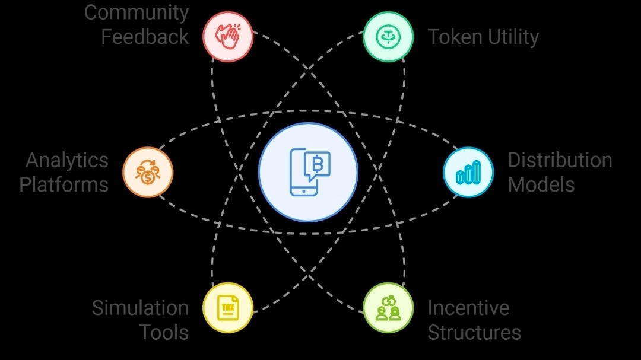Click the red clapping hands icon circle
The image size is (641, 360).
click(228, 37)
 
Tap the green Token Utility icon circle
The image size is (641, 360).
click(388, 37)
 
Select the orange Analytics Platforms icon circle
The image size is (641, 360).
click(148, 172)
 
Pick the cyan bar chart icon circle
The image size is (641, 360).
click(468, 172)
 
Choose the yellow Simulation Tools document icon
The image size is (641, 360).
click(228, 308)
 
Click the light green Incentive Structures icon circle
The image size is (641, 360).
click(388, 308)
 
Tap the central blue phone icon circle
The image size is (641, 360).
click(308, 173)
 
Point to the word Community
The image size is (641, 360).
click(137, 13)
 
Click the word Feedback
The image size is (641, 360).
click(145, 37)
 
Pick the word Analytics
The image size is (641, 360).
click(67, 160)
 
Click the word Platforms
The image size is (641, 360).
click(64, 184)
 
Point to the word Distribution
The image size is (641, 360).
click(560, 160)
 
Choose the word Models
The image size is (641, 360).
click(541, 184)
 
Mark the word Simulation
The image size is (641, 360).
click(140, 308)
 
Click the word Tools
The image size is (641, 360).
click(164, 332)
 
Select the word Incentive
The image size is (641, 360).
click(468, 308)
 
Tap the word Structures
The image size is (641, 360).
click(474, 332)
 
